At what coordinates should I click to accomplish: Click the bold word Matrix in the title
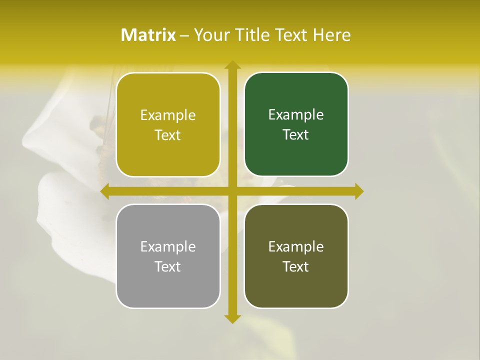click(148, 35)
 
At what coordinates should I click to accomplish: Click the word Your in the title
click(209, 35)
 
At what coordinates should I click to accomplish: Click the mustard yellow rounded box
click(168, 124)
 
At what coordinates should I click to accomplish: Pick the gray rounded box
click(168, 256)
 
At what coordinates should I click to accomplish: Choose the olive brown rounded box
click(296, 256)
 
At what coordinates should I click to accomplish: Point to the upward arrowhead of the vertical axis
click(232, 65)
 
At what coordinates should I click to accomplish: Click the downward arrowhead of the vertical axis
click(232, 319)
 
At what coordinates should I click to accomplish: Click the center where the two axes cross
click(232, 191)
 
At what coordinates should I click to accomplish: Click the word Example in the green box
click(296, 114)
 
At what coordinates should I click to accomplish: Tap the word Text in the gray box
click(168, 266)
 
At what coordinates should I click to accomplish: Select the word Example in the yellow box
click(168, 115)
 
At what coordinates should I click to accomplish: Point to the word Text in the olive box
click(296, 266)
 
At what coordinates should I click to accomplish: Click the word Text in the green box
click(296, 134)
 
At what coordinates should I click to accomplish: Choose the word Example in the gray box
click(168, 246)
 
